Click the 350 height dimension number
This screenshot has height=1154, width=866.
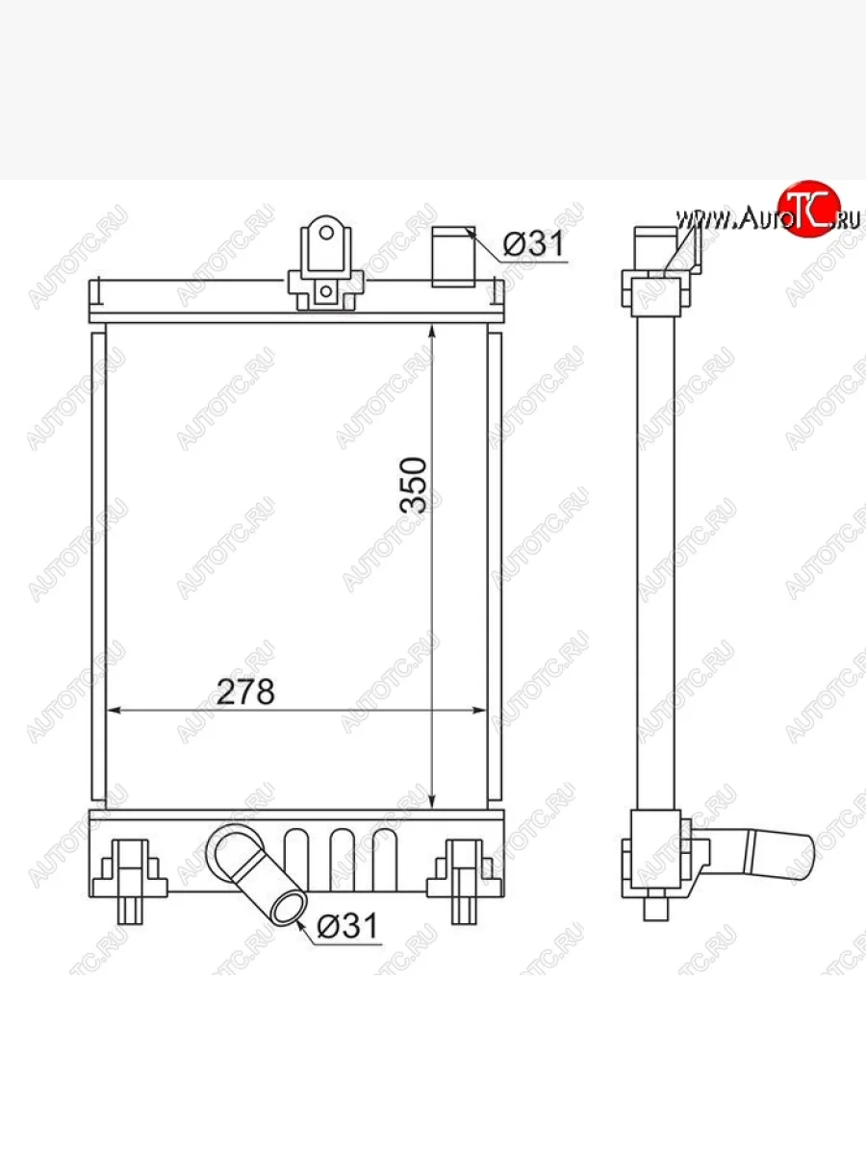[414, 486]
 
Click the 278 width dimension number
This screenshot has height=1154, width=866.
[245, 691]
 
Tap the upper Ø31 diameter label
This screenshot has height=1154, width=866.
[533, 243]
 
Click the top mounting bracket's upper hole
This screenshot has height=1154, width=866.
[326, 233]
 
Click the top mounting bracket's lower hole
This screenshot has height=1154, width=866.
[326, 290]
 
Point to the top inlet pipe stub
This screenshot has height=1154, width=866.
[453, 257]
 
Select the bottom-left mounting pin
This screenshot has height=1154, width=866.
[129, 910]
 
